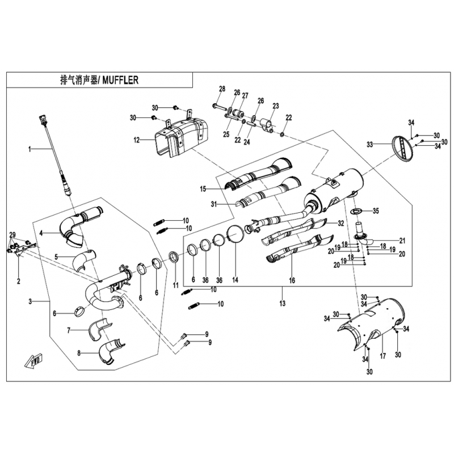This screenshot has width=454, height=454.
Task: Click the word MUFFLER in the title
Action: click(x=120, y=80)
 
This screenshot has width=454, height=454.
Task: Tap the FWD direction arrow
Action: click(x=34, y=360)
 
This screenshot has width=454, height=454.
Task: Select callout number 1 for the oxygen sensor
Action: click(x=30, y=149)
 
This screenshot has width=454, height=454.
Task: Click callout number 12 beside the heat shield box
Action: click(x=137, y=140)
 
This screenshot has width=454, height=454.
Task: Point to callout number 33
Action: click(x=370, y=144)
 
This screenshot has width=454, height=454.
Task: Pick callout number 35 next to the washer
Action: click(x=376, y=211)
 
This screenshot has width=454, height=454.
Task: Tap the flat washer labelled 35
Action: click(x=356, y=211)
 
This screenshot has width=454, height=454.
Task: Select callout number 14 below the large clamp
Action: click(x=235, y=280)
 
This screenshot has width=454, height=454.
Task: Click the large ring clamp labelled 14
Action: click(x=235, y=234)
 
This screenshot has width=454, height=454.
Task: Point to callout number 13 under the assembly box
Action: click(x=282, y=303)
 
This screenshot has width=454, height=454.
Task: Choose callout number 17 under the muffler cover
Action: click(x=382, y=356)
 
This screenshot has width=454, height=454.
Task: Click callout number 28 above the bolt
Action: click(x=222, y=89)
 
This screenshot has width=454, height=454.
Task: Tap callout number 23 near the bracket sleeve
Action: click(x=276, y=106)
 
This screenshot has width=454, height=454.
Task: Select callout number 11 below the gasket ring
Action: click(x=176, y=285)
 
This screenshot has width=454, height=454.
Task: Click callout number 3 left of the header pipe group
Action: click(x=30, y=301)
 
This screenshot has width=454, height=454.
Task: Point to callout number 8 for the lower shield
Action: click(x=79, y=354)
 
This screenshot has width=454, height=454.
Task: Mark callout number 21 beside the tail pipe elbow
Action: click(x=402, y=241)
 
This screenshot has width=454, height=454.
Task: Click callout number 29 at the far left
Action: click(x=12, y=234)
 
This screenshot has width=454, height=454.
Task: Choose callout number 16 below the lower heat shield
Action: click(x=292, y=280)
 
